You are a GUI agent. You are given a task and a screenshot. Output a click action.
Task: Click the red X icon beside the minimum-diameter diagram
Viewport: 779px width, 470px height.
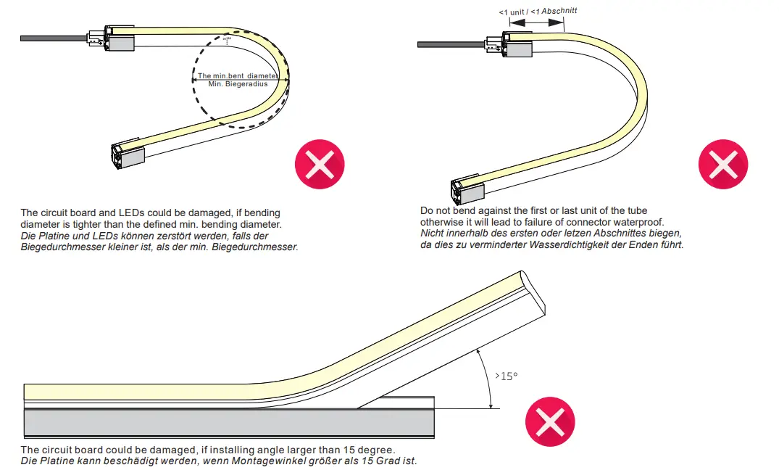[320, 165]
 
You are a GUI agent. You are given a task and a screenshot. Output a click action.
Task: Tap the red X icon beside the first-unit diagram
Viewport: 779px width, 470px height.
[722, 165]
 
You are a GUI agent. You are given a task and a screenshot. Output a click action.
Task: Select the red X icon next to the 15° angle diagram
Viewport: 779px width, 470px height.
[549, 421]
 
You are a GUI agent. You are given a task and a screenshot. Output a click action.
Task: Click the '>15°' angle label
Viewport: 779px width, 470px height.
[507, 376]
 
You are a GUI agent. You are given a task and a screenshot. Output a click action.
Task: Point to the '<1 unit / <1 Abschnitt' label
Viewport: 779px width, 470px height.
[538, 12]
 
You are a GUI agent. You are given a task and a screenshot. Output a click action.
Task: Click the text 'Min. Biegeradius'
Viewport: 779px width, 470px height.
[238, 84]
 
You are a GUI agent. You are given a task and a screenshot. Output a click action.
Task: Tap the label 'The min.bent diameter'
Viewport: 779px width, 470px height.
[238, 75]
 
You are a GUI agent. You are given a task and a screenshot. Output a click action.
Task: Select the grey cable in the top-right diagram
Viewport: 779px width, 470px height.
[449, 45]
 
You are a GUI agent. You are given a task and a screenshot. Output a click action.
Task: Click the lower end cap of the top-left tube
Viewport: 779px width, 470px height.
[128, 154]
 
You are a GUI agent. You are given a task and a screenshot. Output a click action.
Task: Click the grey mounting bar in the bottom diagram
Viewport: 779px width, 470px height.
[228, 423]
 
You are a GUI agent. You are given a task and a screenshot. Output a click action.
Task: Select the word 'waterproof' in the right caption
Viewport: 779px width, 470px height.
[639, 221]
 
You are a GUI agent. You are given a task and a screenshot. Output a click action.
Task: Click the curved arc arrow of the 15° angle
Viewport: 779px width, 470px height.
[487, 377]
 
